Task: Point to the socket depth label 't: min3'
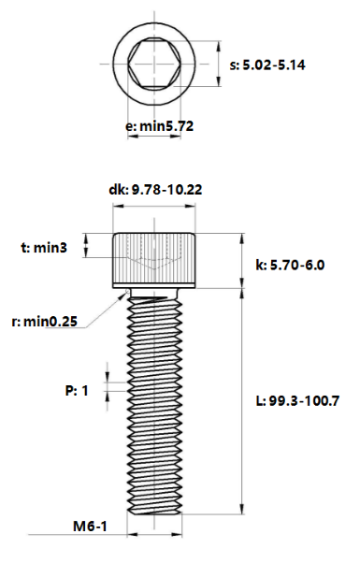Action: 44,248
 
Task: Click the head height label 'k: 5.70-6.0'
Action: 289,265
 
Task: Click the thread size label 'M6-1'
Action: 91,527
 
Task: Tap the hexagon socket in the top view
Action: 156,65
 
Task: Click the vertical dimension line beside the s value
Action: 217,65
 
